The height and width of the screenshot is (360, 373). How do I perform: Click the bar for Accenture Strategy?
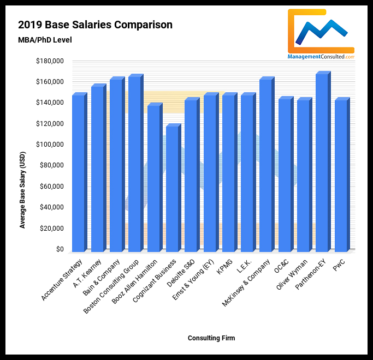pos(79,173)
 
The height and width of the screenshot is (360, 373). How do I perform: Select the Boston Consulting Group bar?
pos(134,164)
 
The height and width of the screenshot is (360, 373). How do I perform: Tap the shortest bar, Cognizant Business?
pos(172,188)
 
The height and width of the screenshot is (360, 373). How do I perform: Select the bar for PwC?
pos(340,175)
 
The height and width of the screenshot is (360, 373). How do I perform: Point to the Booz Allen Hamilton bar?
pos(153,178)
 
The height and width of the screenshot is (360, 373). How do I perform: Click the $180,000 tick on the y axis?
pos(49,61)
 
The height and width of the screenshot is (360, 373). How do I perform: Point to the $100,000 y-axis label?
pos(49,145)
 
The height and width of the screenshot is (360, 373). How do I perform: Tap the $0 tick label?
pos(57,249)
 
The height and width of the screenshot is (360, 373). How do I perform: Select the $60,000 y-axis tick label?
pos(51,187)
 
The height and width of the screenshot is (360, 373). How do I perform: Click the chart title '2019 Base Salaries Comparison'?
pos(95,25)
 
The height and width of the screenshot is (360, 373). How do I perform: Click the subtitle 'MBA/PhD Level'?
pos(45,40)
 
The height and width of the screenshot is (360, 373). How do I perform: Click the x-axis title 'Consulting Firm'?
pos(211,338)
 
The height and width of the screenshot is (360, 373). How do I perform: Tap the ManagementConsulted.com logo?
pos(321,34)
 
